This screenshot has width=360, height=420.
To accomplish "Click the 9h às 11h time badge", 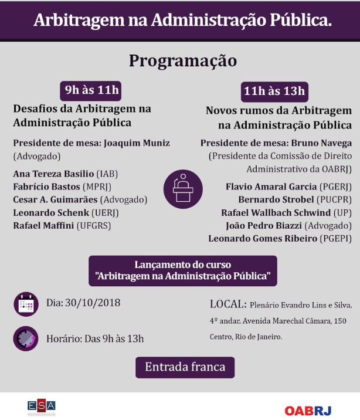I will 91,90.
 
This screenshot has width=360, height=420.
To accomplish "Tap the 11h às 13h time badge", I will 274,91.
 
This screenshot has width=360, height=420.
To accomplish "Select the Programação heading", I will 182,60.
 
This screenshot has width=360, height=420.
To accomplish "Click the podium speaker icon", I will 182,188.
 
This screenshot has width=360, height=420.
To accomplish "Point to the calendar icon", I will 26,304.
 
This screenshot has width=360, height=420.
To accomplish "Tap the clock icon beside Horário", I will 26,338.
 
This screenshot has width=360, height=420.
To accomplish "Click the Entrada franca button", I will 185,367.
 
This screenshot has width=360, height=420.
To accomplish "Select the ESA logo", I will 41,406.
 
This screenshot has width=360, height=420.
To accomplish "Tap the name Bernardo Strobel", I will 274,199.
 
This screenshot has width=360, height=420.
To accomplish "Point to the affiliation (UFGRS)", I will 97,225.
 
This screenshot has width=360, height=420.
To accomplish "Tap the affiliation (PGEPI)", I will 335,238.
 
